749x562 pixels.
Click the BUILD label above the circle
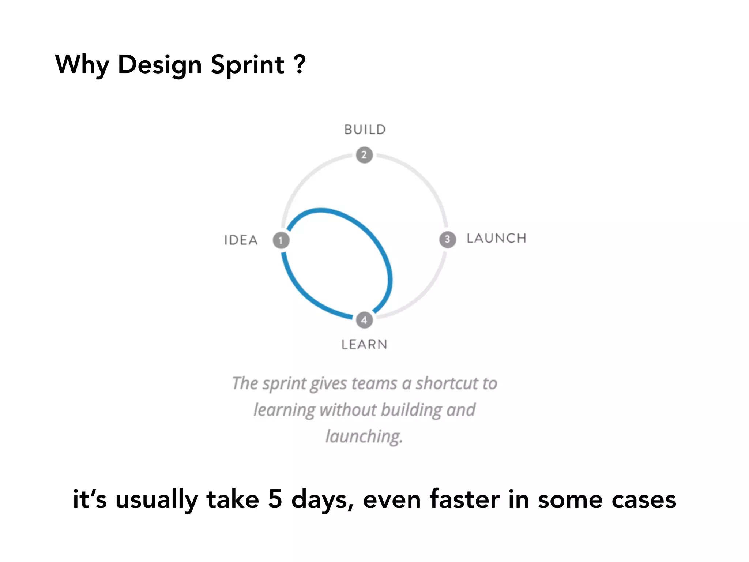tap(365, 130)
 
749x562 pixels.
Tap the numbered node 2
tap(364, 155)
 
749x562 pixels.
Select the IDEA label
tap(241, 240)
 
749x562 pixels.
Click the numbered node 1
tap(281, 240)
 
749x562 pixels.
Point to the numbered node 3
tap(447, 239)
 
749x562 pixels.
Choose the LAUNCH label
tap(496, 238)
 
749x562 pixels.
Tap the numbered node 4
tap(364, 320)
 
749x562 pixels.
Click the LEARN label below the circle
tap(364, 344)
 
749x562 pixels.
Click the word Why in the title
tap(82, 65)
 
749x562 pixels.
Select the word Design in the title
tap(160, 65)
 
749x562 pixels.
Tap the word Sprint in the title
tap(248, 65)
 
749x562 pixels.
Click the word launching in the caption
tap(364, 436)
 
